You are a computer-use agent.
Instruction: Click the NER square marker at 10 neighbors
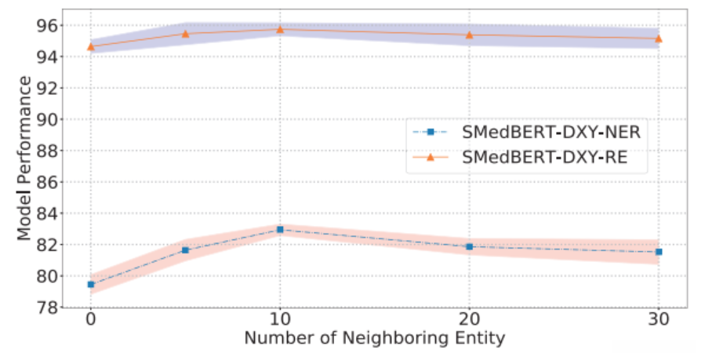(280, 229)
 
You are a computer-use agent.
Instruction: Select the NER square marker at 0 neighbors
(91, 284)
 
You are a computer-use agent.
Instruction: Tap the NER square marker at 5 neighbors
(185, 249)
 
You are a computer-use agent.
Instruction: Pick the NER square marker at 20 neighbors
(469, 246)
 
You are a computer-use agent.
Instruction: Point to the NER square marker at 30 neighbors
(659, 252)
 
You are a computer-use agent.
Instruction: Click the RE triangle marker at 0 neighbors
(91, 46)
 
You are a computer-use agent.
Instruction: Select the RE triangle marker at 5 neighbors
(185, 34)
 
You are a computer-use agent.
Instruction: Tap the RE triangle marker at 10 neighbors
(280, 29)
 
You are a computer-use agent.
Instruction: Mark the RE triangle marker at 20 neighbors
(469, 35)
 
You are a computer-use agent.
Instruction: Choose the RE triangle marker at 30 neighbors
(659, 38)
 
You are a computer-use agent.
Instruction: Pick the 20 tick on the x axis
(469, 321)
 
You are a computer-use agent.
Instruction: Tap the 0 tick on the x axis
(91, 321)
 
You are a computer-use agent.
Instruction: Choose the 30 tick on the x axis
(659, 321)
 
